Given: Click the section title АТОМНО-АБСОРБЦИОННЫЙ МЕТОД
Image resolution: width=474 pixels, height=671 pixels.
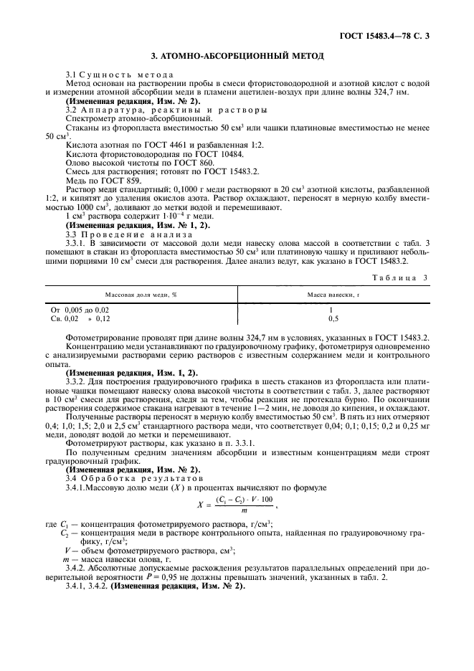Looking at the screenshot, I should pos(237,55).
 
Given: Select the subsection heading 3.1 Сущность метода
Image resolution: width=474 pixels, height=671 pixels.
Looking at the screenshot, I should pos(119,75).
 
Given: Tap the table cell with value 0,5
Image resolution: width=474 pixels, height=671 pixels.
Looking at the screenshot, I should pos(333,317).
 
